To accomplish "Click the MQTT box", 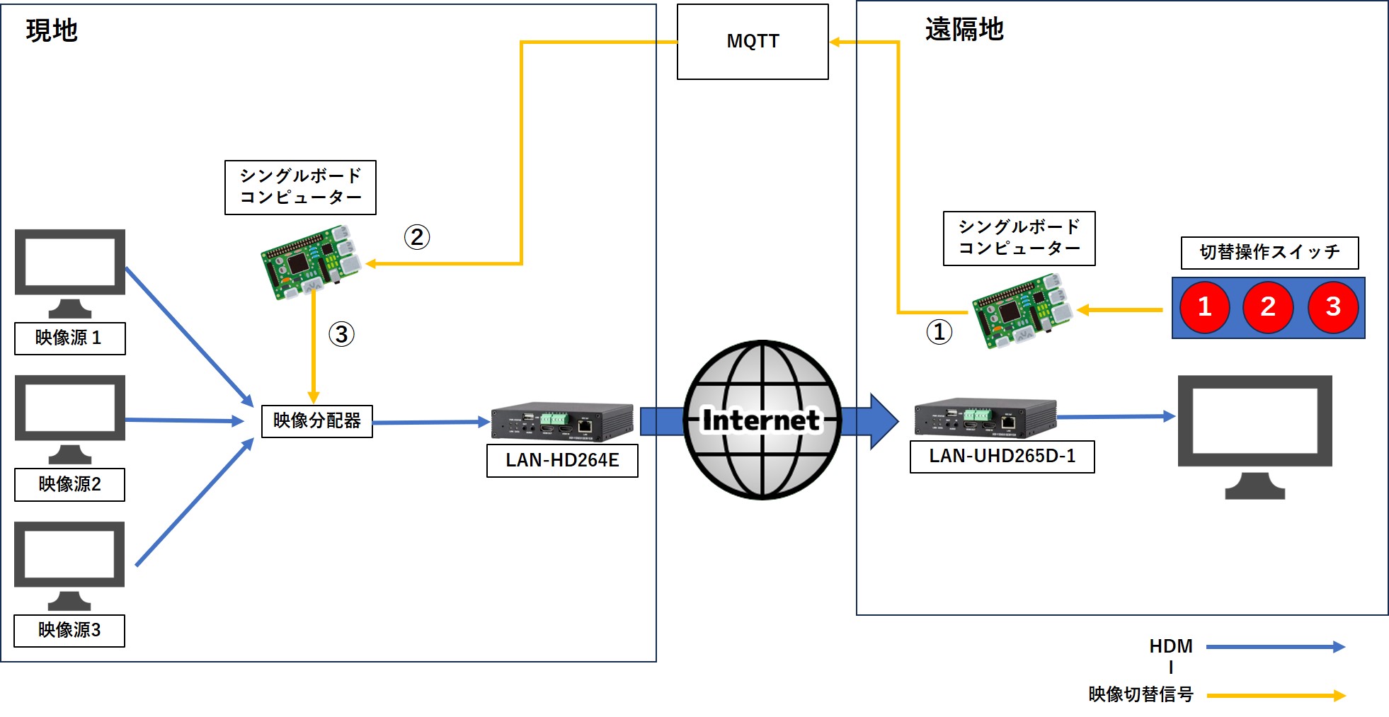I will (x=753, y=42).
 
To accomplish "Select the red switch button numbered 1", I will (x=1204, y=307).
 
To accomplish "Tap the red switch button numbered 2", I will (x=1268, y=307).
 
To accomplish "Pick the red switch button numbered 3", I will (x=1333, y=307).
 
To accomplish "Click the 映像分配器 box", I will (x=316, y=421).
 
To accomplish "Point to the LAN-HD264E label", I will (x=562, y=461).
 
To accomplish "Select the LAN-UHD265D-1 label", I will (x=1002, y=457).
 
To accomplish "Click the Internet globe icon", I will (x=762, y=420).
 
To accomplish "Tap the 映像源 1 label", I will (x=69, y=338).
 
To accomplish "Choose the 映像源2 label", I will (x=69, y=485).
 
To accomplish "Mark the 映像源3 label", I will (x=69, y=631).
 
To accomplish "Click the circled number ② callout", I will (x=417, y=237).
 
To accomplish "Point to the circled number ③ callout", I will (x=341, y=334).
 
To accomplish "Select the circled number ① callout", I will (x=939, y=331).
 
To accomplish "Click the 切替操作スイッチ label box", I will (x=1269, y=253).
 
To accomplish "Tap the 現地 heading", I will (x=52, y=30).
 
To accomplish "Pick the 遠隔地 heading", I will (x=964, y=30).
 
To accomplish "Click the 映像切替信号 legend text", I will (x=1141, y=694).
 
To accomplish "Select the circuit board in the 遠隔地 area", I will (x=1020, y=311).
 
